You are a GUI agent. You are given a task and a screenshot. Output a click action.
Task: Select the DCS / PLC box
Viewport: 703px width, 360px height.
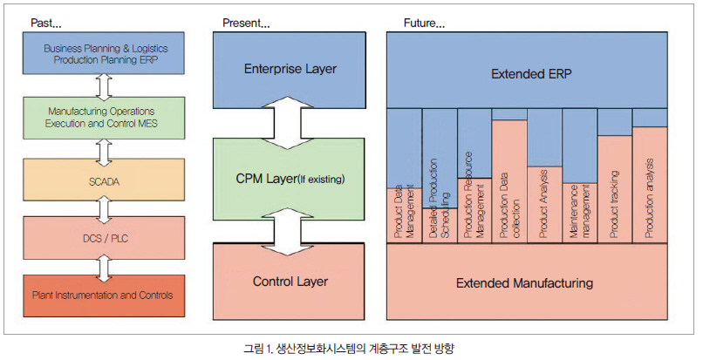click(x=104, y=238)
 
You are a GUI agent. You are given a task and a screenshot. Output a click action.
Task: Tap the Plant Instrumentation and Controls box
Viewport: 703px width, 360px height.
click(x=104, y=295)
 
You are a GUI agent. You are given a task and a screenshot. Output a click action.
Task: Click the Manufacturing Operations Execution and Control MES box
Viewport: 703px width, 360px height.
click(x=104, y=118)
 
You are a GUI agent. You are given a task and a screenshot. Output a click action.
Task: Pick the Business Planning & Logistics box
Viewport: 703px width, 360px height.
click(x=104, y=53)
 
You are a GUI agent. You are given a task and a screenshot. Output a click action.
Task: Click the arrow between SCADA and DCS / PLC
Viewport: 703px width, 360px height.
click(x=104, y=209)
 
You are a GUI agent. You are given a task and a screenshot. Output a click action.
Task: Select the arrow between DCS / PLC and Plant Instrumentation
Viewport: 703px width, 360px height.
click(x=104, y=268)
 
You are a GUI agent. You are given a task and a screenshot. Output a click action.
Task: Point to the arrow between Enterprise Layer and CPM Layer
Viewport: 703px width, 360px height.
click(x=289, y=123)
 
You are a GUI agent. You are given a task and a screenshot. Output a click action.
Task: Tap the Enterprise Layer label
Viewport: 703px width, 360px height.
click(x=290, y=69)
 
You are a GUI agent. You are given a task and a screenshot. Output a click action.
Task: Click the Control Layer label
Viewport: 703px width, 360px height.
click(x=290, y=282)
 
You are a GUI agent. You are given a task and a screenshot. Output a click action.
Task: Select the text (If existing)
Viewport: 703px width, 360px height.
click(x=321, y=180)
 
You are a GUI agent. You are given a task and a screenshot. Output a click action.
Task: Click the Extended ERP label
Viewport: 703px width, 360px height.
click(x=531, y=74)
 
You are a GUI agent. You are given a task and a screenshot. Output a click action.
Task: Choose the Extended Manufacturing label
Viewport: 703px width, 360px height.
click(x=524, y=283)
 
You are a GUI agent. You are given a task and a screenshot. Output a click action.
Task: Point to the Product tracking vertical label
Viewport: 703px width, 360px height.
click(x=615, y=204)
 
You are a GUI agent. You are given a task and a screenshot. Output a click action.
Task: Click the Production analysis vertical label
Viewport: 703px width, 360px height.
click(x=649, y=198)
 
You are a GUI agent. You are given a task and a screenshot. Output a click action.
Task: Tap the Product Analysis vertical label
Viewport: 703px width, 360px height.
click(x=544, y=204)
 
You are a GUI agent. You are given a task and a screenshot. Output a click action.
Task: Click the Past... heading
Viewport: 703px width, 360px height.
click(x=45, y=24)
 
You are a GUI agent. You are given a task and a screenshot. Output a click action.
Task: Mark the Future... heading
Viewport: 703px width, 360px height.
click(x=424, y=24)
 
